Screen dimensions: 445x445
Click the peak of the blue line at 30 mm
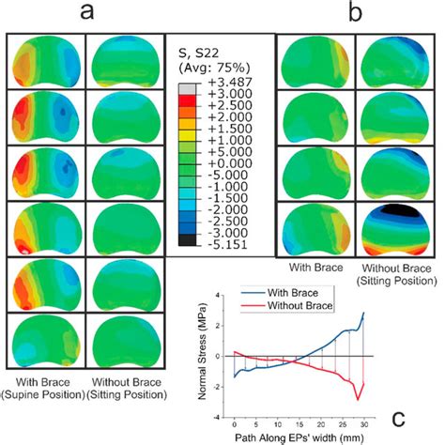click(363, 313)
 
